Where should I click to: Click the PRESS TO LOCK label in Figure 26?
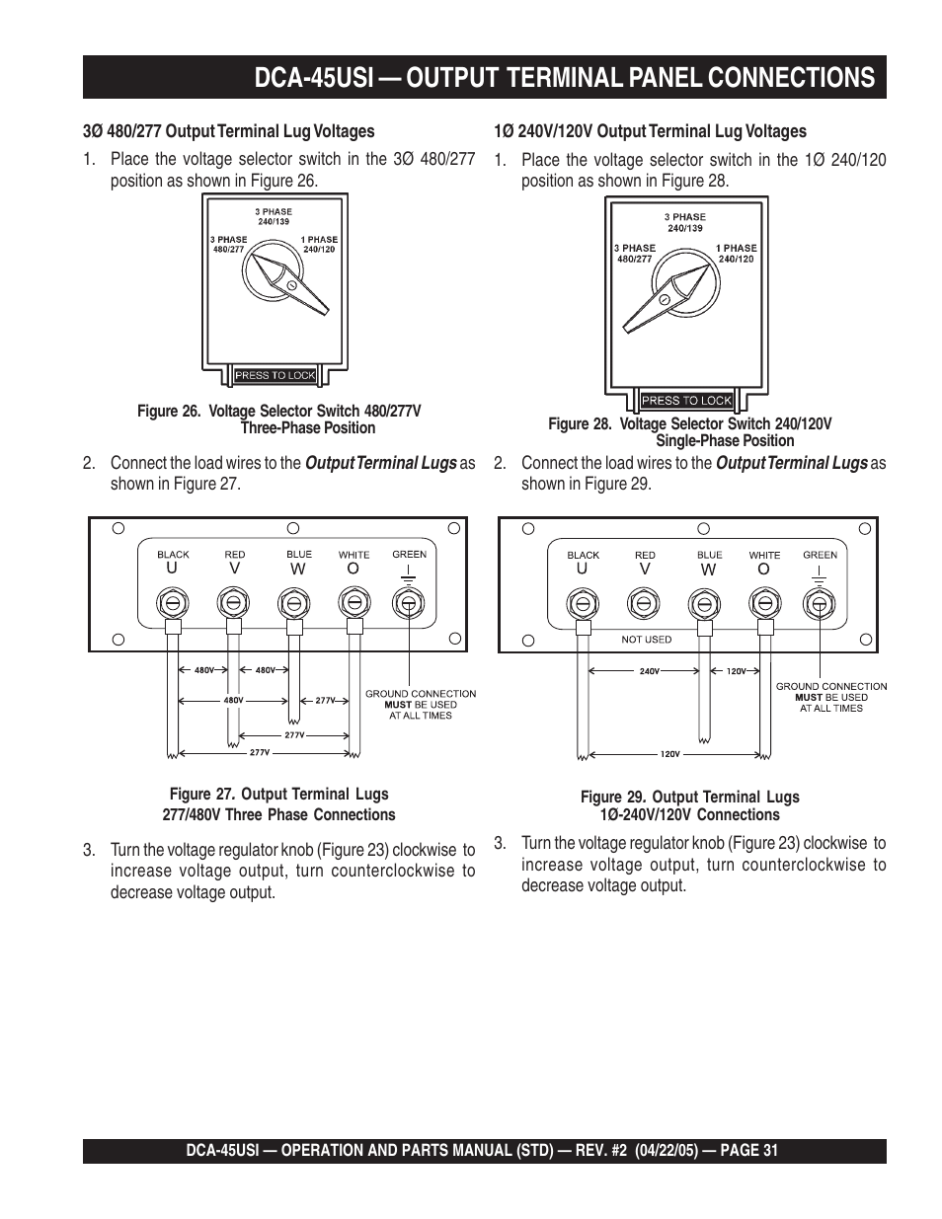[275, 375]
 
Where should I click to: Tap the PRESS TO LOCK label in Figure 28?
[686, 401]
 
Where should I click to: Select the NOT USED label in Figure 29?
[646, 640]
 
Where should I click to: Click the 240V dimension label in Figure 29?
[648, 671]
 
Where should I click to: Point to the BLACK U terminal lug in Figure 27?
[172, 601]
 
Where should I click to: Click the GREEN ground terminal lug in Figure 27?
[407, 601]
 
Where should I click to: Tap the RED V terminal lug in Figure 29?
[643, 601]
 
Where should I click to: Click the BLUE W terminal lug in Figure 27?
[291, 601]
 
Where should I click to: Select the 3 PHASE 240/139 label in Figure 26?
[275, 216]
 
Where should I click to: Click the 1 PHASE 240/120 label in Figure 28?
[736, 254]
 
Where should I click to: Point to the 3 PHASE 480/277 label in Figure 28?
[635, 254]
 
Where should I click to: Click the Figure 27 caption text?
[278, 804]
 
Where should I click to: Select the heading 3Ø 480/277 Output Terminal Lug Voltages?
[228, 131]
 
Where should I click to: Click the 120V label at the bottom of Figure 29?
[669, 754]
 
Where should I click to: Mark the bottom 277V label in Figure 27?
[259, 752]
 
